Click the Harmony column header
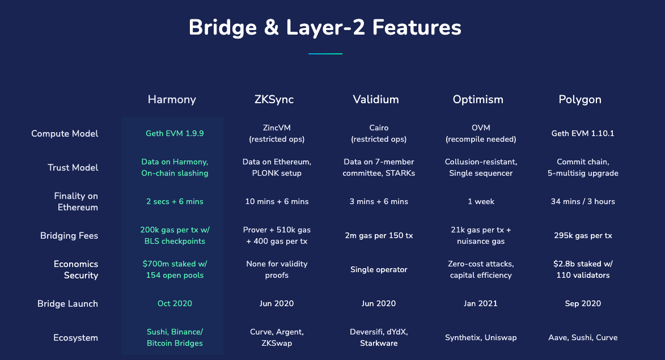[172, 100]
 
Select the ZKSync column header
[274, 100]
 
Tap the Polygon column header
[580, 100]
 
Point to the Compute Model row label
[65, 134]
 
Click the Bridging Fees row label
[69, 236]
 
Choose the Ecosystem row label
[75, 338]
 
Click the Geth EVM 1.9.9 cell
[175, 134]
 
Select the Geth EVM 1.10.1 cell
[583, 134]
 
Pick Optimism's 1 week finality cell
[481, 201]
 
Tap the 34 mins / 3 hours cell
[583, 201]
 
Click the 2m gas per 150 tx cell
[379, 236]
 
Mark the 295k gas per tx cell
[583, 236]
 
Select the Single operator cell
[379, 270]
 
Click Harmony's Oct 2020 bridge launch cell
[175, 304]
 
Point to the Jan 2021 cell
[481, 304]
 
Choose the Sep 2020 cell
[583, 304]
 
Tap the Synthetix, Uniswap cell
[481, 338]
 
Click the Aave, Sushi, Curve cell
[583, 338]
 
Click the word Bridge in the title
[223, 28]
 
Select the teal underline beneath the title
[325, 54]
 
